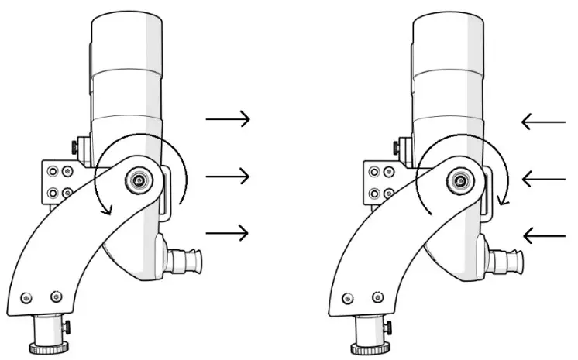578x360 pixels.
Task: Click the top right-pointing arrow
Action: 228,118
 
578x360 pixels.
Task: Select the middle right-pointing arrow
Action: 228,177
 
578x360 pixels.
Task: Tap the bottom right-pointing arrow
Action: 228,231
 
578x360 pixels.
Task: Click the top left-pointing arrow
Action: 544,121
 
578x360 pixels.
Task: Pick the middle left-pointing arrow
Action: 544,179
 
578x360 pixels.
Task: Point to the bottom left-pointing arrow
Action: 544,235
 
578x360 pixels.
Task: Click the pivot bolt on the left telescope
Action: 139,180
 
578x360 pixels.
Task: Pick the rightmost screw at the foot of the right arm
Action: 377,297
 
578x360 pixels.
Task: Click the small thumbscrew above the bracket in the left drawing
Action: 74,145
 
